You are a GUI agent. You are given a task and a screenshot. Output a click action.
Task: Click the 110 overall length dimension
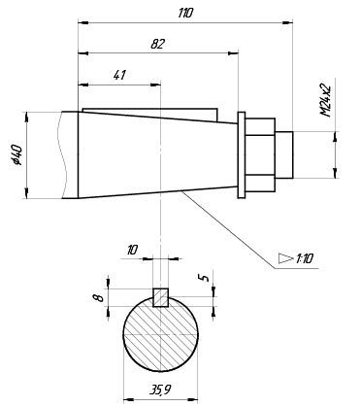tap(185, 14)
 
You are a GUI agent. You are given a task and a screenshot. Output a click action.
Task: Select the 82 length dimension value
tap(158, 44)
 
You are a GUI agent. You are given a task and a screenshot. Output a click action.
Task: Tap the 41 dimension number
tap(119, 75)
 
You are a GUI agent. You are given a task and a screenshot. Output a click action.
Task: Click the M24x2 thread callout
tap(325, 101)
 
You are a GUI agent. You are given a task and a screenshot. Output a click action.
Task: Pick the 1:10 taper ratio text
tap(304, 258)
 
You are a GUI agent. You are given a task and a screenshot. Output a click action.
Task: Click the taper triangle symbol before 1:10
tap(285, 258)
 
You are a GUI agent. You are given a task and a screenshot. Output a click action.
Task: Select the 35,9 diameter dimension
tap(160, 390)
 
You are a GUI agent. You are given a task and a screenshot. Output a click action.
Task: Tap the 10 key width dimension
tap(132, 250)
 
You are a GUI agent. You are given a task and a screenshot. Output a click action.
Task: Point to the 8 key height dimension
tap(101, 297)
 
